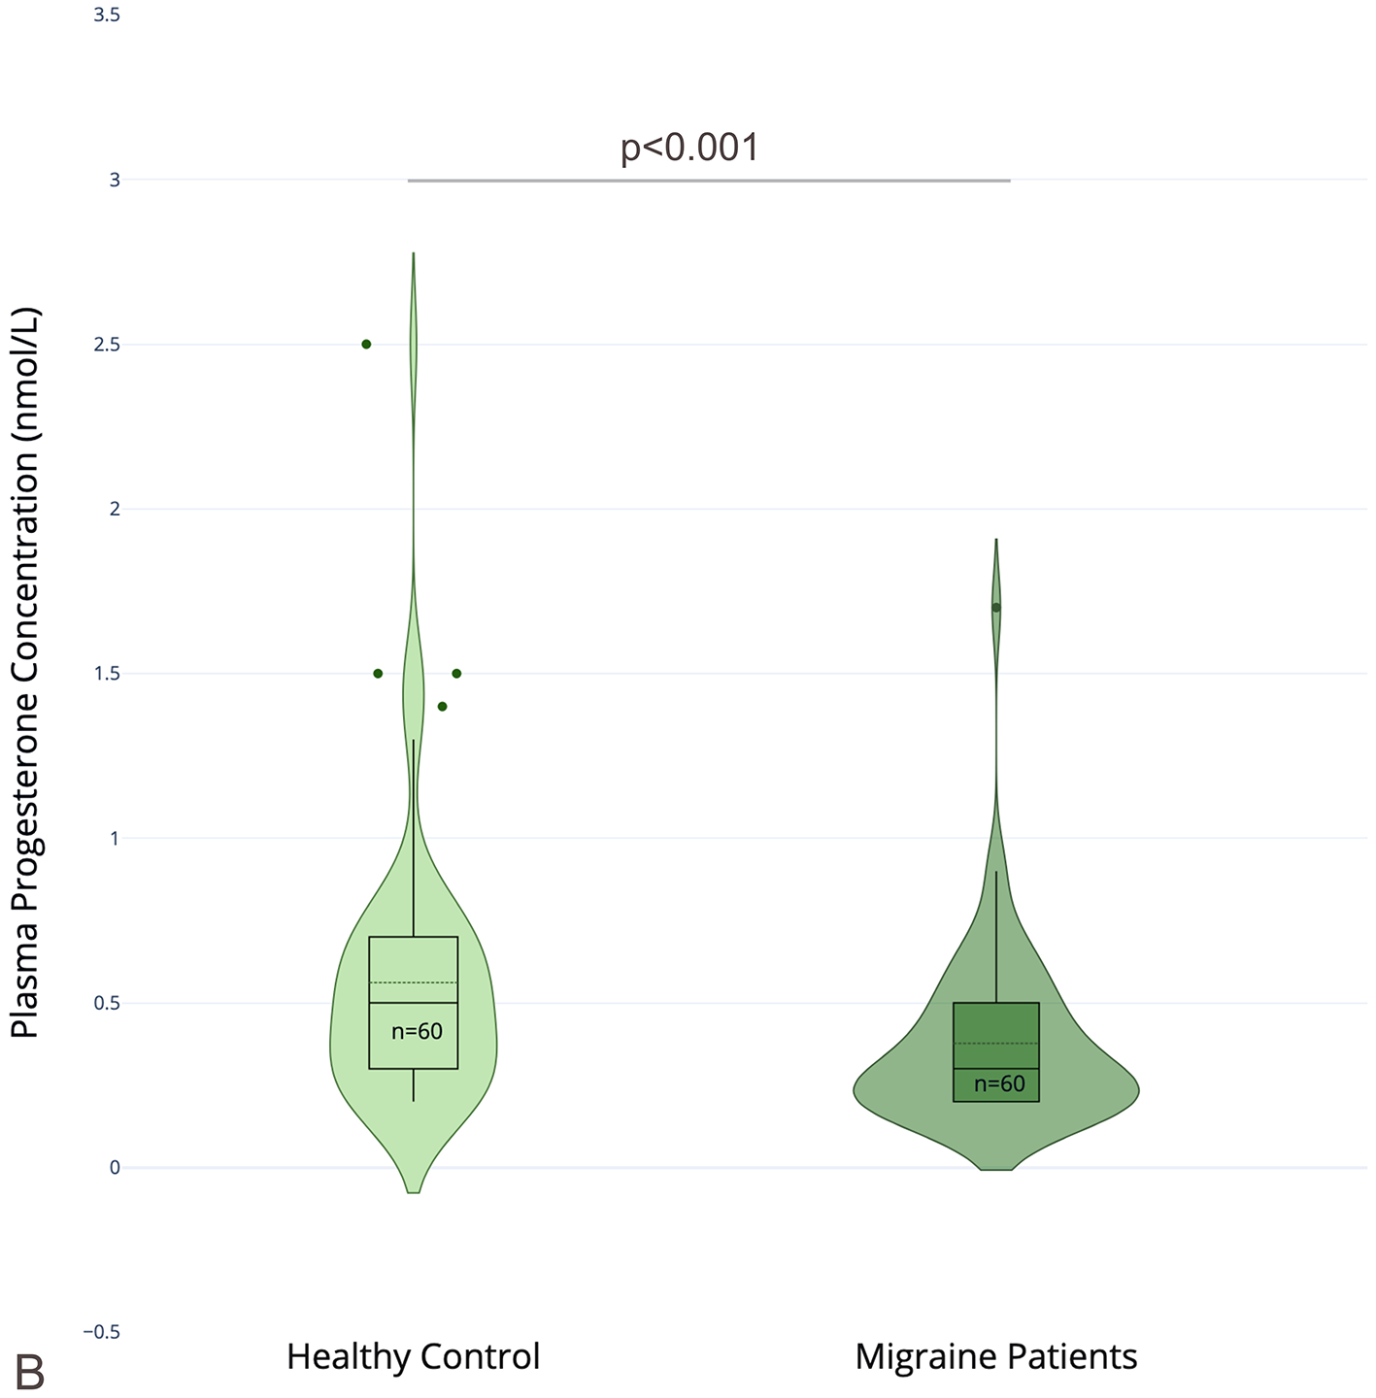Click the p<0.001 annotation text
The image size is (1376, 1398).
[689, 148]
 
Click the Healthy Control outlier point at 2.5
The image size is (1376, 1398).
[366, 344]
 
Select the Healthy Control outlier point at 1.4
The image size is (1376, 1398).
[442, 706]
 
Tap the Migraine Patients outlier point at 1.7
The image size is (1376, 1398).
[996, 608]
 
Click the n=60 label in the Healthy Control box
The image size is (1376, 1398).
[417, 1032]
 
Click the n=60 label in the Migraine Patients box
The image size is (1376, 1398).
[999, 1084]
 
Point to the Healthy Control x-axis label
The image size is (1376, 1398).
[413, 1356]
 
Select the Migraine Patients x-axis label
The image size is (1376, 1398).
[995, 1356]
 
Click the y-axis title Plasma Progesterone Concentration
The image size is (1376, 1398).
[25, 672]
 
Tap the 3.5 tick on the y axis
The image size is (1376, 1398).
[107, 16]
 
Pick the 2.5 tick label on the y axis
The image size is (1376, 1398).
[107, 345]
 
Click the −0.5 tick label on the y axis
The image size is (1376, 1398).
[101, 1332]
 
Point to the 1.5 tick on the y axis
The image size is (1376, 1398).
[107, 674]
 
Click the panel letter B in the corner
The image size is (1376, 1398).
[29, 1374]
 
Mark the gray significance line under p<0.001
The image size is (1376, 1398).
[709, 181]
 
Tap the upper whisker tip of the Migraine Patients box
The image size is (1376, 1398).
[996, 872]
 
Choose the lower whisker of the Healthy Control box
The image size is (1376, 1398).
[414, 1085]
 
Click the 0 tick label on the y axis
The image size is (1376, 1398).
[115, 1168]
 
